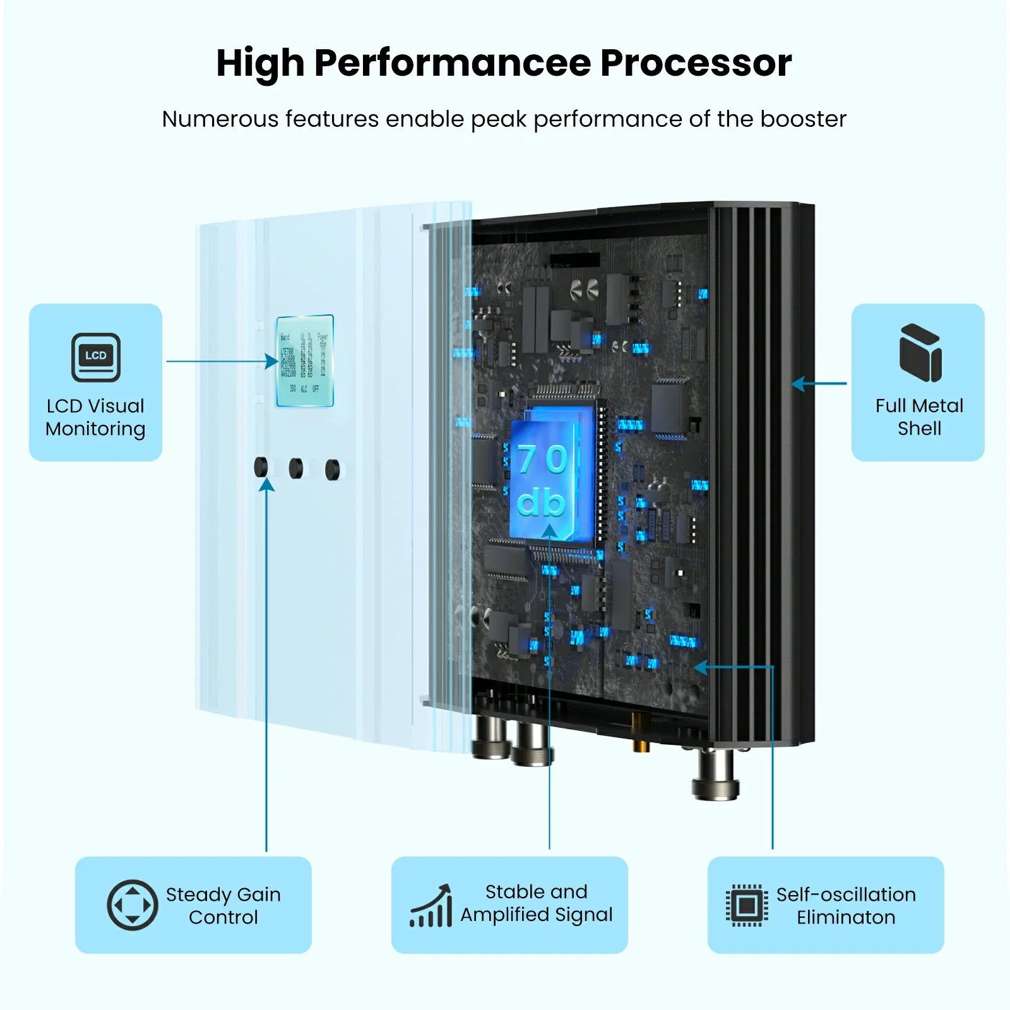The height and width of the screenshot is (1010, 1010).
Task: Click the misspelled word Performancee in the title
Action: click(x=452, y=63)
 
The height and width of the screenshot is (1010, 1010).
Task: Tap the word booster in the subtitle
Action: click(x=802, y=119)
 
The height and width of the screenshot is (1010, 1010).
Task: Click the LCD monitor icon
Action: click(x=95, y=357)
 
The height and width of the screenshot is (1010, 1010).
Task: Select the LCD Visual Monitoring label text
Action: click(x=95, y=417)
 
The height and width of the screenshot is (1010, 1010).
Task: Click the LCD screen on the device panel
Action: click(x=305, y=360)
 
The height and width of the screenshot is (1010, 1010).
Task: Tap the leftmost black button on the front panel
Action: click(x=261, y=467)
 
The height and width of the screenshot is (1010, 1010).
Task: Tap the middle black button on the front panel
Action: click(x=296, y=468)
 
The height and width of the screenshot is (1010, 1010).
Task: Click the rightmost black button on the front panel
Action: click(x=332, y=470)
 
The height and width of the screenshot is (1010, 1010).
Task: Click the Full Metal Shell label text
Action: click(x=919, y=417)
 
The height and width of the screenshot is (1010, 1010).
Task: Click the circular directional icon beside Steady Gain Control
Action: click(x=132, y=905)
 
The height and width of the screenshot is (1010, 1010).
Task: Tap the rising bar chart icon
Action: click(x=432, y=906)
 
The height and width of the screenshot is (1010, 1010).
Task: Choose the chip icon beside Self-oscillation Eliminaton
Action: click(x=747, y=905)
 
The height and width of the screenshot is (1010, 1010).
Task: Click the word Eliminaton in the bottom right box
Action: click(x=846, y=917)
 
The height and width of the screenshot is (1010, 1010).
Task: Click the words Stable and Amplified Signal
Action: click(x=536, y=903)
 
